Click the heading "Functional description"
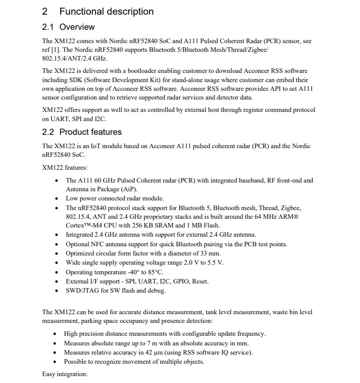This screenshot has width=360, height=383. pyautogui.click(x=107, y=11)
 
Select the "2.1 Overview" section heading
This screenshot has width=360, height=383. pyautogui.click(x=68, y=27)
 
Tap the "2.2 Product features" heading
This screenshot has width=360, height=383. pyautogui.click(x=82, y=132)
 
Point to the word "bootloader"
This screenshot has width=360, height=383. pyautogui.click(x=131, y=71)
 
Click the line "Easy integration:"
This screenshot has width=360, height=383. pyautogui.click(x=65, y=374)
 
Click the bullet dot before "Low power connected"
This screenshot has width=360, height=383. pyautogui.click(x=56, y=199)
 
